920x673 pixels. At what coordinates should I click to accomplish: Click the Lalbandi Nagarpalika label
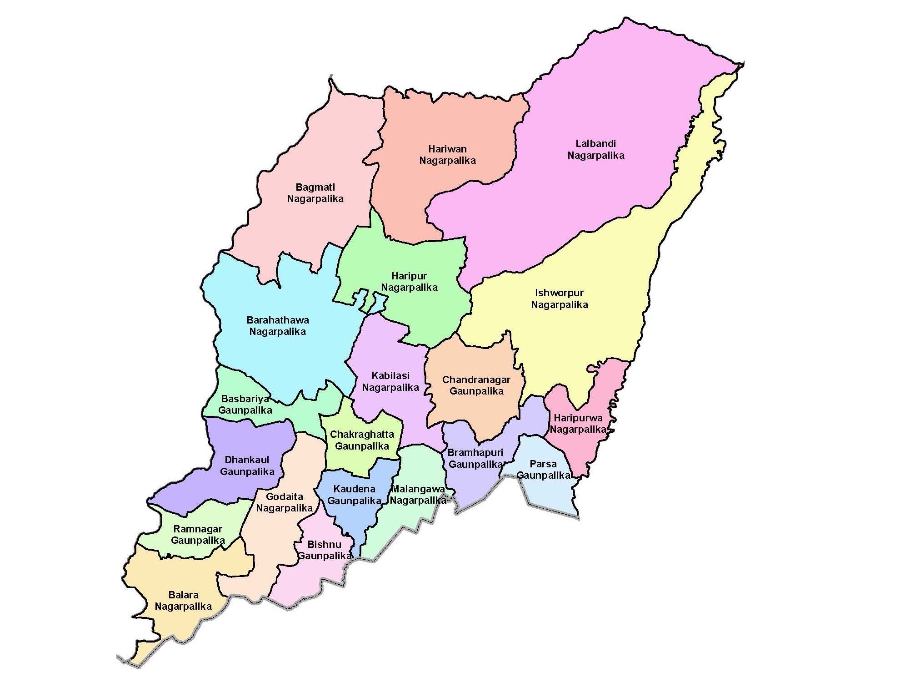click(x=595, y=150)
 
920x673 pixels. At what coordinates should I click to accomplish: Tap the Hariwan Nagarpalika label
click(x=447, y=155)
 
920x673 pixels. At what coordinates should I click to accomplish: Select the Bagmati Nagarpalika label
click(x=315, y=193)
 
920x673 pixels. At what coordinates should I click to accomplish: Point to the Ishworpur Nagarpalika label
click(x=560, y=299)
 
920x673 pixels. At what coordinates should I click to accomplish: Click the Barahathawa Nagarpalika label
click(x=277, y=326)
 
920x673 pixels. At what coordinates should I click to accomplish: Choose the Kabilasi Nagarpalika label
click(x=390, y=382)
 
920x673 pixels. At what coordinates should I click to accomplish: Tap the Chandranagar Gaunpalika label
click(x=476, y=385)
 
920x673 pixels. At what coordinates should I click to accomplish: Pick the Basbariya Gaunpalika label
click(x=245, y=405)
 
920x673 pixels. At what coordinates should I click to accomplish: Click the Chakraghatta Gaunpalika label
click(x=362, y=440)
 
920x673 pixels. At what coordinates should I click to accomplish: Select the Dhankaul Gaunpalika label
click(x=247, y=466)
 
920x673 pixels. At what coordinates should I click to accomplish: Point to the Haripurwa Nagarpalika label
click(x=578, y=424)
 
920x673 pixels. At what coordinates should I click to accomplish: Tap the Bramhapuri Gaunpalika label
click(x=475, y=459)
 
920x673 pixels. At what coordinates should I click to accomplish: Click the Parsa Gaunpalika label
click(x=543, y=470)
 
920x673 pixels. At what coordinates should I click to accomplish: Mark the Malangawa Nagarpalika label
click(x=418, y=495)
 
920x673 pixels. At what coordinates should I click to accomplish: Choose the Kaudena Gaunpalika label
click(x=354, y=495)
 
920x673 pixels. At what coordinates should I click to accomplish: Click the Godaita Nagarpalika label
click(x=284, y=502)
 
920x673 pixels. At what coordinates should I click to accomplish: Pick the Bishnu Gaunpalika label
click(x=324, y=550)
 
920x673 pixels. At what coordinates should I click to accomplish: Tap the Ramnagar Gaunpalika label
click(x=198, y=535)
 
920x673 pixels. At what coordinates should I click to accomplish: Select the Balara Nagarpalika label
click(x=183, y=601)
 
